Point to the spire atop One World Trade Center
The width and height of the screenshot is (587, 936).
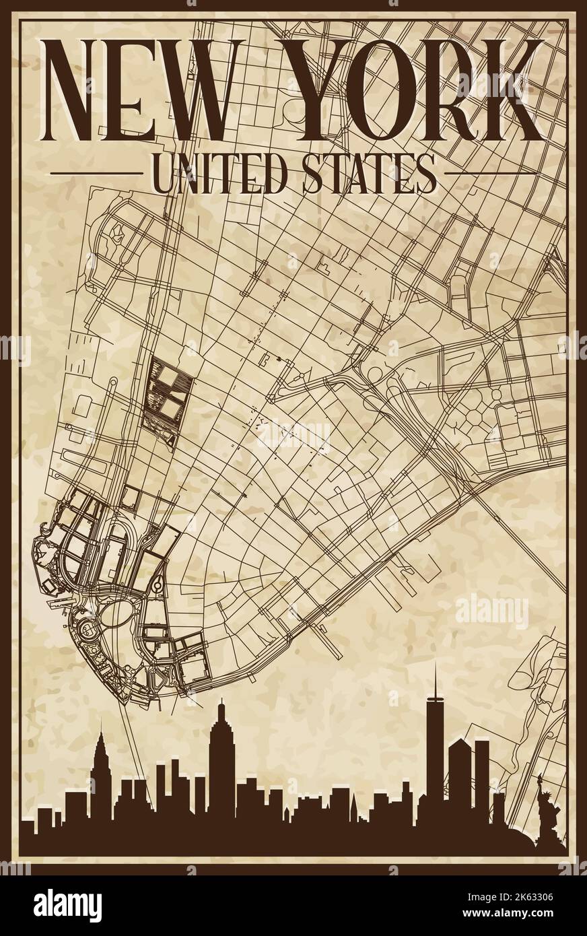tap(435, 680)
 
